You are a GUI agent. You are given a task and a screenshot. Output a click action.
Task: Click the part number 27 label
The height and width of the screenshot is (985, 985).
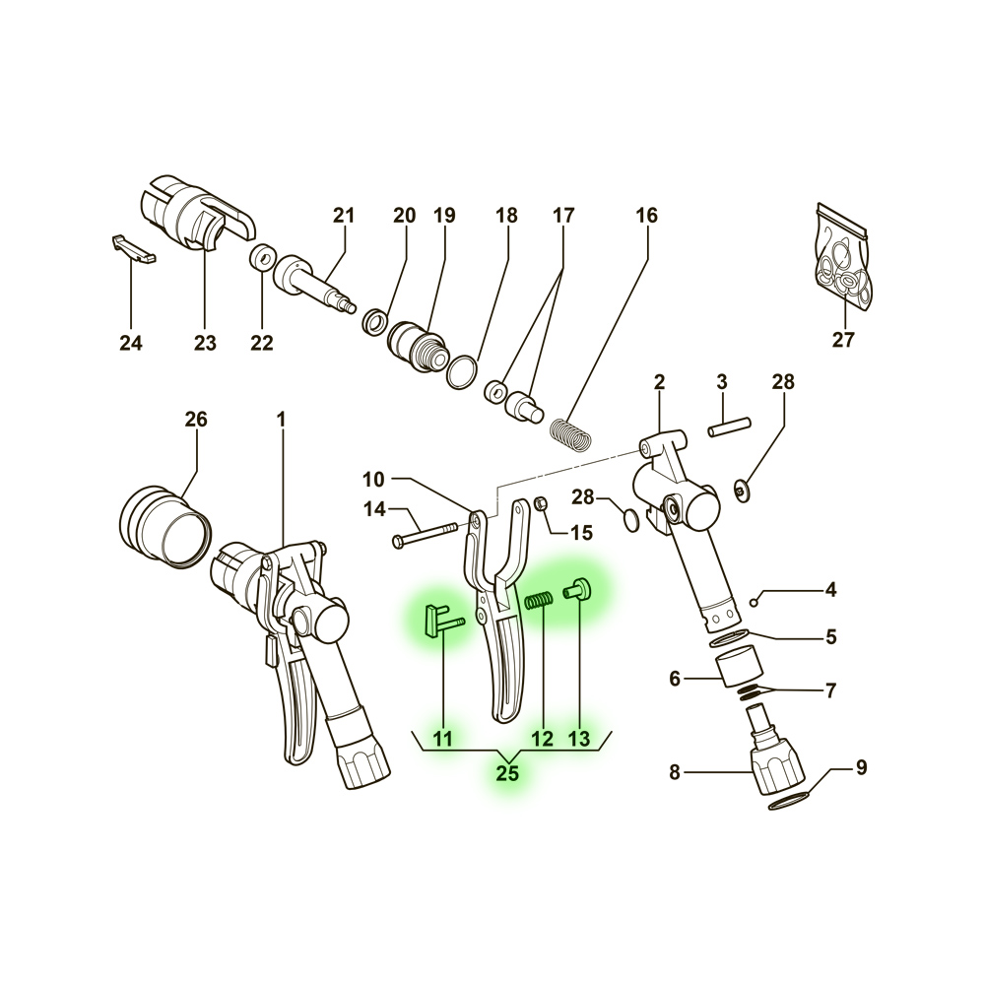[x=843, y=339]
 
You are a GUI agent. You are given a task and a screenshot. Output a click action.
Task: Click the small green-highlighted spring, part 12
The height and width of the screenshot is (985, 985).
[x=539, y=600]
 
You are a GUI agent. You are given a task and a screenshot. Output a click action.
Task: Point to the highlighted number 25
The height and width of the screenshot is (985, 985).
[x=507, y=773]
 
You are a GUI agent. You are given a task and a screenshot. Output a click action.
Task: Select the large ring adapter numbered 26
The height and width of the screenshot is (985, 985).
[x=164, y=526]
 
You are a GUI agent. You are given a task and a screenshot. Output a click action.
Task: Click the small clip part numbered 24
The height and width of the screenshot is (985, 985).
[x=134, y=249]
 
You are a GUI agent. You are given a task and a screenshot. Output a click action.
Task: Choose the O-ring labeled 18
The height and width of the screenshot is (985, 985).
[x=462, y=372]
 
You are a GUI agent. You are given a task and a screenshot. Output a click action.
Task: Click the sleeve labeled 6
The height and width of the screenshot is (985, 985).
[x=740, y=669]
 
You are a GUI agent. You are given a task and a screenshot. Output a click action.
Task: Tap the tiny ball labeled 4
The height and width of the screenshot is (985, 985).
[x=754, y=604]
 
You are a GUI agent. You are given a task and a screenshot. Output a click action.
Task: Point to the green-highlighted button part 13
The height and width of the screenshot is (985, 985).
[x=577, y=590]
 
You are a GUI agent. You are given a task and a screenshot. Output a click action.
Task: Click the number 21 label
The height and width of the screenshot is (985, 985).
[x=344, y=216]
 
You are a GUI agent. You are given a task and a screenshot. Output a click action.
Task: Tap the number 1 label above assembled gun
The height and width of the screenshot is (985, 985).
[x=281, y=419]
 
